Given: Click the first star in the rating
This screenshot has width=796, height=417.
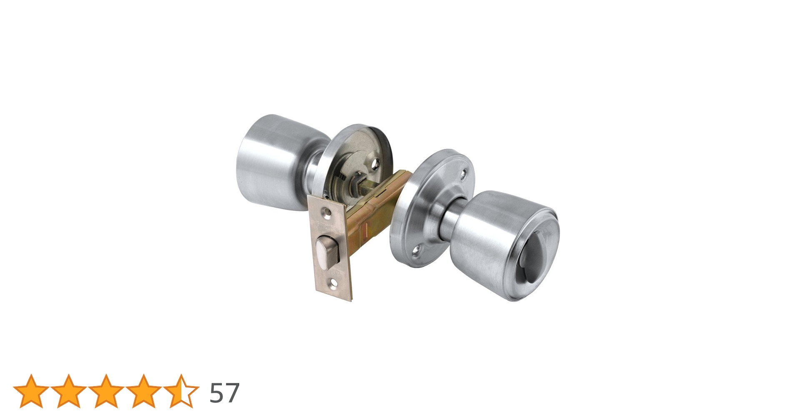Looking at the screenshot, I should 31,391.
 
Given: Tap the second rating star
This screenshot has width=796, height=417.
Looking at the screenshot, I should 69,391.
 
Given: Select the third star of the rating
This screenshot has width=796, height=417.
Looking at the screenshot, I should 106,391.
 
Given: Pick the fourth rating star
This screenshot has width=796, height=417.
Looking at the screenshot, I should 144,391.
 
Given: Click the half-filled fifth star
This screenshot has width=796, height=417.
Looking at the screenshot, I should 181,391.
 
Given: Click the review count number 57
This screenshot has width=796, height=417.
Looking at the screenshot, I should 224,393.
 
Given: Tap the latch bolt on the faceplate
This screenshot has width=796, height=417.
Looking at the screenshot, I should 326,251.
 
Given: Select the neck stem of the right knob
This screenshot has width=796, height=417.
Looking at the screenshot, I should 451,221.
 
